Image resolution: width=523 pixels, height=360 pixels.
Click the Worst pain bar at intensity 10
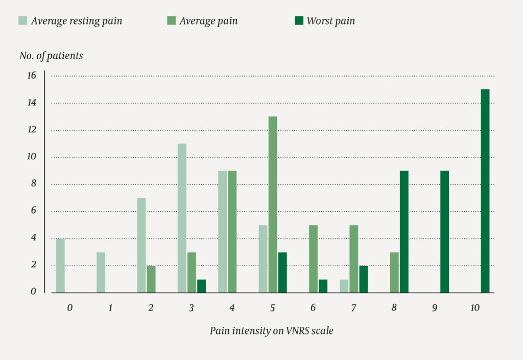click(x=485, y=191)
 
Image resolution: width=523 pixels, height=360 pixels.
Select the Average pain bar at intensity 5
click(x=273, y=205)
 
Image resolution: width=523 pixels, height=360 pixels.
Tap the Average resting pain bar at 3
click(x=182, y=218)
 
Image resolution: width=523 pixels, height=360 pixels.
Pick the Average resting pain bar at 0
click(x=60, y=266)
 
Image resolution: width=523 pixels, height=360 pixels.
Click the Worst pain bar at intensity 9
click(x=444, y=232)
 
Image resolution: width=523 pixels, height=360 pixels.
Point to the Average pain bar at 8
click(x=394, y=272)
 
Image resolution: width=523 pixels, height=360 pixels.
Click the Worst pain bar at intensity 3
click(x=201, y=286)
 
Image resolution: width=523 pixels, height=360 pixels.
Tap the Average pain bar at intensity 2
click(x=151, y=279)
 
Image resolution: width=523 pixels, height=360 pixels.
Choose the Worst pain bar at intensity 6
click(x=323, y=286)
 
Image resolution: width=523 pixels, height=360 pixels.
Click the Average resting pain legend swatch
click(x=22, y=21)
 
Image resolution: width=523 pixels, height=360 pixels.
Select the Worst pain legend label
click(x=330, y=21)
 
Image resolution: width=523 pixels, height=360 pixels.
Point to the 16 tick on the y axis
click(x=32, y=76)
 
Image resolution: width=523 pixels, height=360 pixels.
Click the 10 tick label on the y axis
click(x=32, y=157)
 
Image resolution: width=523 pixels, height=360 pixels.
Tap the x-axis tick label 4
click(x=232, y=308)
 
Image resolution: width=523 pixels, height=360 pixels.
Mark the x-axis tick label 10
click(x=475, y=308)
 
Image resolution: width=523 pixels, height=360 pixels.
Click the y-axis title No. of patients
click(x=51, y=56)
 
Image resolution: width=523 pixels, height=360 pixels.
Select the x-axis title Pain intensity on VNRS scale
click(x=271, y=330)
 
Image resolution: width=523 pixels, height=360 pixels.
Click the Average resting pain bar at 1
click(x=101, y=272)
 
